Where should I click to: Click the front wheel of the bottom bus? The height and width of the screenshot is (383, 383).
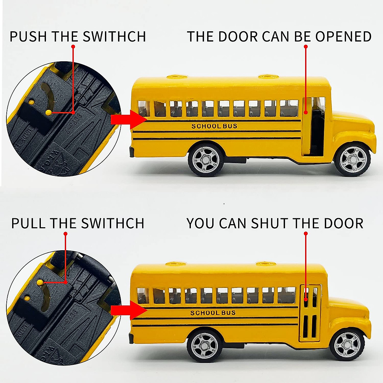coord(347,346)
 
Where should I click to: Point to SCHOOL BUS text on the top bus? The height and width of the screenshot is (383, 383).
coord(214,126)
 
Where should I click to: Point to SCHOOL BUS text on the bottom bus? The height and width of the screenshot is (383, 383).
coord(213,313)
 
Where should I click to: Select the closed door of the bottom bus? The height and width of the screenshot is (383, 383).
coord(310,313)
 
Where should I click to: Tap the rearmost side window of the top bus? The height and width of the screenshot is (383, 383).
coord(144,108)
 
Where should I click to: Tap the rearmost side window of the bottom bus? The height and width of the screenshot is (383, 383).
coord(143,295)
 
